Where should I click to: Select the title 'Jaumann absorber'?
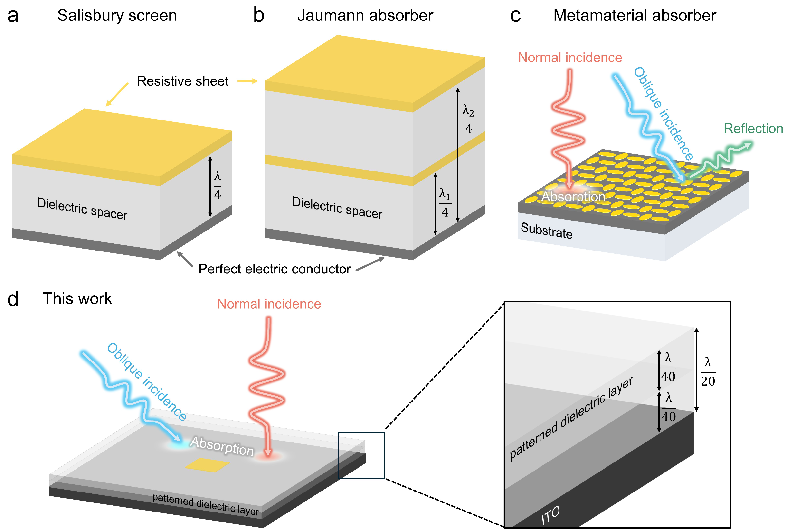pyautogui.click(x=365, y=16)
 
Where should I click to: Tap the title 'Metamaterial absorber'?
pyautogui.click(x=634, y=16)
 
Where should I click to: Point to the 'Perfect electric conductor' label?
pyautogui.click(x=274, y=269)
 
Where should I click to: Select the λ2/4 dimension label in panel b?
pyautogui.click(x=468, y=119)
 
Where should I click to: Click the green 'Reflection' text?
pyautogui.click(x=753, y=129)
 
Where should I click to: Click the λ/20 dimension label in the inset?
pyautogui.click(x=707, y=372)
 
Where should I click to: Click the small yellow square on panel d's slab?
pyautogui.click(x=207, y=465)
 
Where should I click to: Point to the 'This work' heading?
pyautogui.click(x=77, y=299)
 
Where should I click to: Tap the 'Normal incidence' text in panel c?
pyautogui.click(x=570, y=58)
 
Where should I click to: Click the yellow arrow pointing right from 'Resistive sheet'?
pyautogui.click(x=247, y=81)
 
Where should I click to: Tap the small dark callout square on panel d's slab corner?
pyautogui.click(x=361, y=455)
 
